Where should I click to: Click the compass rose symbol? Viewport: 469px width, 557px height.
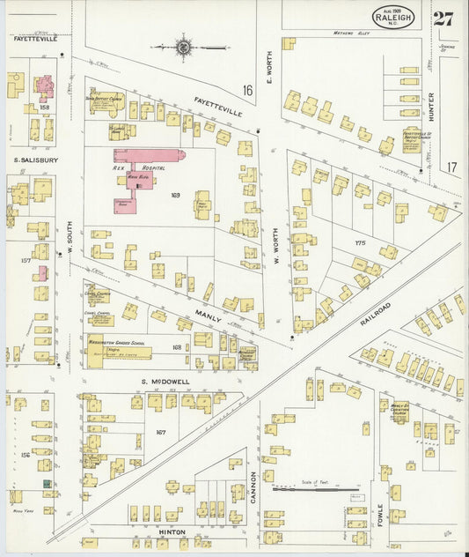tap(183, 47)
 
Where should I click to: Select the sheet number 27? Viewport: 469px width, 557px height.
tap(444, 19)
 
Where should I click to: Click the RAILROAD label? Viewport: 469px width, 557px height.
tap(375, 315)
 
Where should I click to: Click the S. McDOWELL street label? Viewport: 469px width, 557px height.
tap(167, 381)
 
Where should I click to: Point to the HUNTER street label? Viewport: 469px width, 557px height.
tap(430, 107)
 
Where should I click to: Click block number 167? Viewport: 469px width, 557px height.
tap(160, 432)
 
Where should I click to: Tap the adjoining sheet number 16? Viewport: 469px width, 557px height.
tap(248, 89)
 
